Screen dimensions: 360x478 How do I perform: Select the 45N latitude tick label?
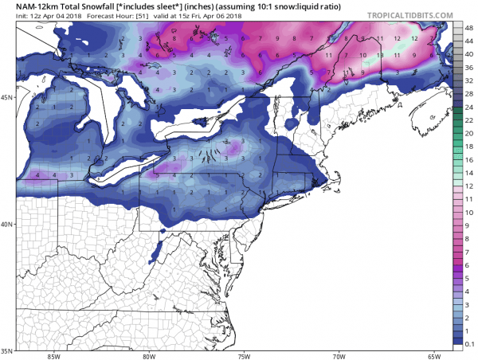click(8, 97)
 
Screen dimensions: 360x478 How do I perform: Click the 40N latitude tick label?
click(8, 224)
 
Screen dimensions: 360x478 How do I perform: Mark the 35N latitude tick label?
click(8, 350)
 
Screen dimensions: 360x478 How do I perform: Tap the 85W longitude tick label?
click(53, 356)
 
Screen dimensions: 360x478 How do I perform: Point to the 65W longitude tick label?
click(434, 356)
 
